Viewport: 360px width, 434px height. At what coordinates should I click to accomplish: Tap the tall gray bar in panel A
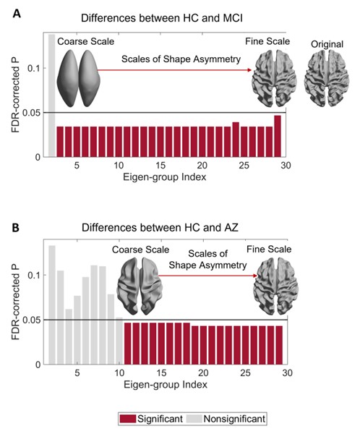[51, 94]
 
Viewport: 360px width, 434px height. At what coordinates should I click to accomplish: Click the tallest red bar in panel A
[278, 135]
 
